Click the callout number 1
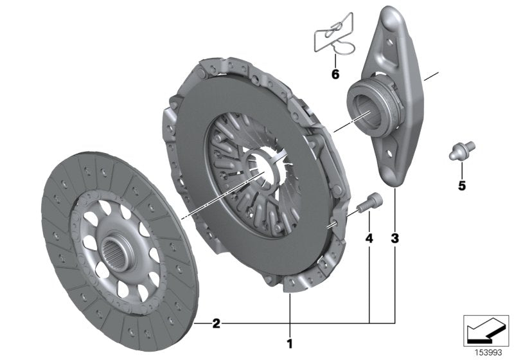pos(289,343)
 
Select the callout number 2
pos(217,323)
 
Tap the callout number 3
pos(394,239)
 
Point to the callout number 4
pos(369,239)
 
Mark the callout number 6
pos(335,74)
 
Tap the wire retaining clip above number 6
pos(334,35)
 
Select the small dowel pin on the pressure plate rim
pos(335,224)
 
